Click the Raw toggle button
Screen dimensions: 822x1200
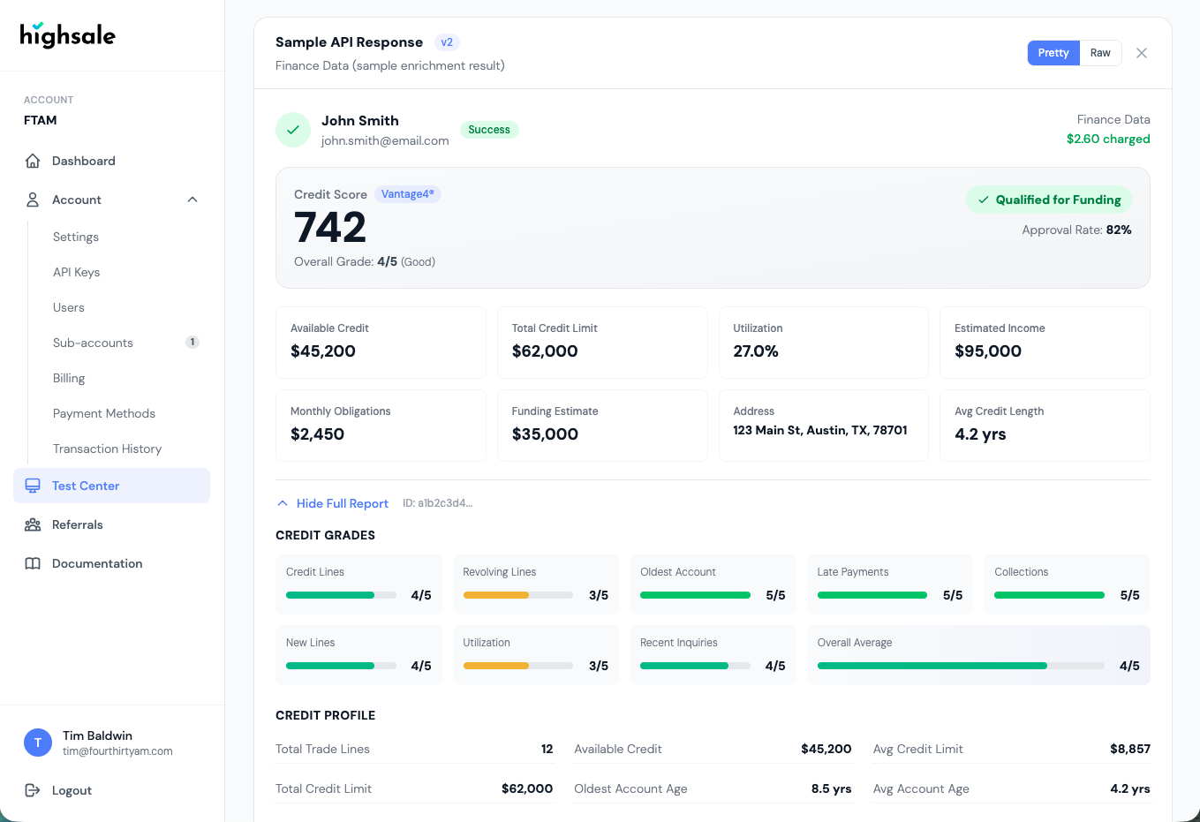(1100, 53)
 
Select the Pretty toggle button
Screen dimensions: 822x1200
(1053, 53)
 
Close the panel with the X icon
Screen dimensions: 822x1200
(1142, 53)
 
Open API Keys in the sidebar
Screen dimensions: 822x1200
(76, 272)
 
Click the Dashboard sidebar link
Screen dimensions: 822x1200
(83, 161)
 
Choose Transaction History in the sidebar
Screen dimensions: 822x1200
(107, 449)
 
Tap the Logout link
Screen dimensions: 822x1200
(72, 790)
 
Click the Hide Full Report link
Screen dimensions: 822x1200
(342, 503)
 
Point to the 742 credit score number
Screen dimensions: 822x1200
(330, 228)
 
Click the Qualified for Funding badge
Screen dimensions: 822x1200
(1049, 200)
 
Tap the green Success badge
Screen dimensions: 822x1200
(489, 130)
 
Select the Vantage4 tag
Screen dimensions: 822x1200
(407, 194)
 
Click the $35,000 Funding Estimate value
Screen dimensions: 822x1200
(545, 434)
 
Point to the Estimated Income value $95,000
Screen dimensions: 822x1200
(987, 351)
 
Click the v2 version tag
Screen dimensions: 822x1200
(447, 42)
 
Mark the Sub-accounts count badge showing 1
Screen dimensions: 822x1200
(192, 343)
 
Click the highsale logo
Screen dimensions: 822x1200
(67, 35)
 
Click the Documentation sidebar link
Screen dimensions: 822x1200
(97, 563)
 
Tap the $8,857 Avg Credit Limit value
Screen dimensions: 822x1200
(1129, 749)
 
